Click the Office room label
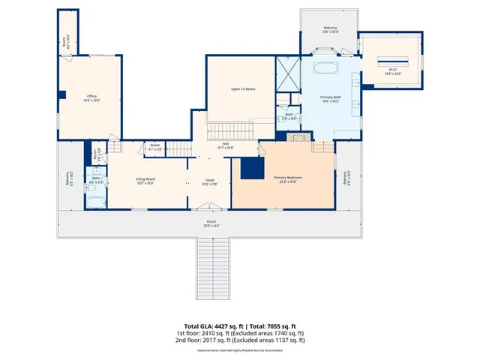pyautogui.click(x=92, y=97)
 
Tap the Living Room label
pyautogui.click(x=145, y=180)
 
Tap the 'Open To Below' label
pyautogui.click(x=243, y=89)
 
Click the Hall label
pyautogui.click(x=225, y=145)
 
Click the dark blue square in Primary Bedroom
pyautogui.click(x=250, y=169)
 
